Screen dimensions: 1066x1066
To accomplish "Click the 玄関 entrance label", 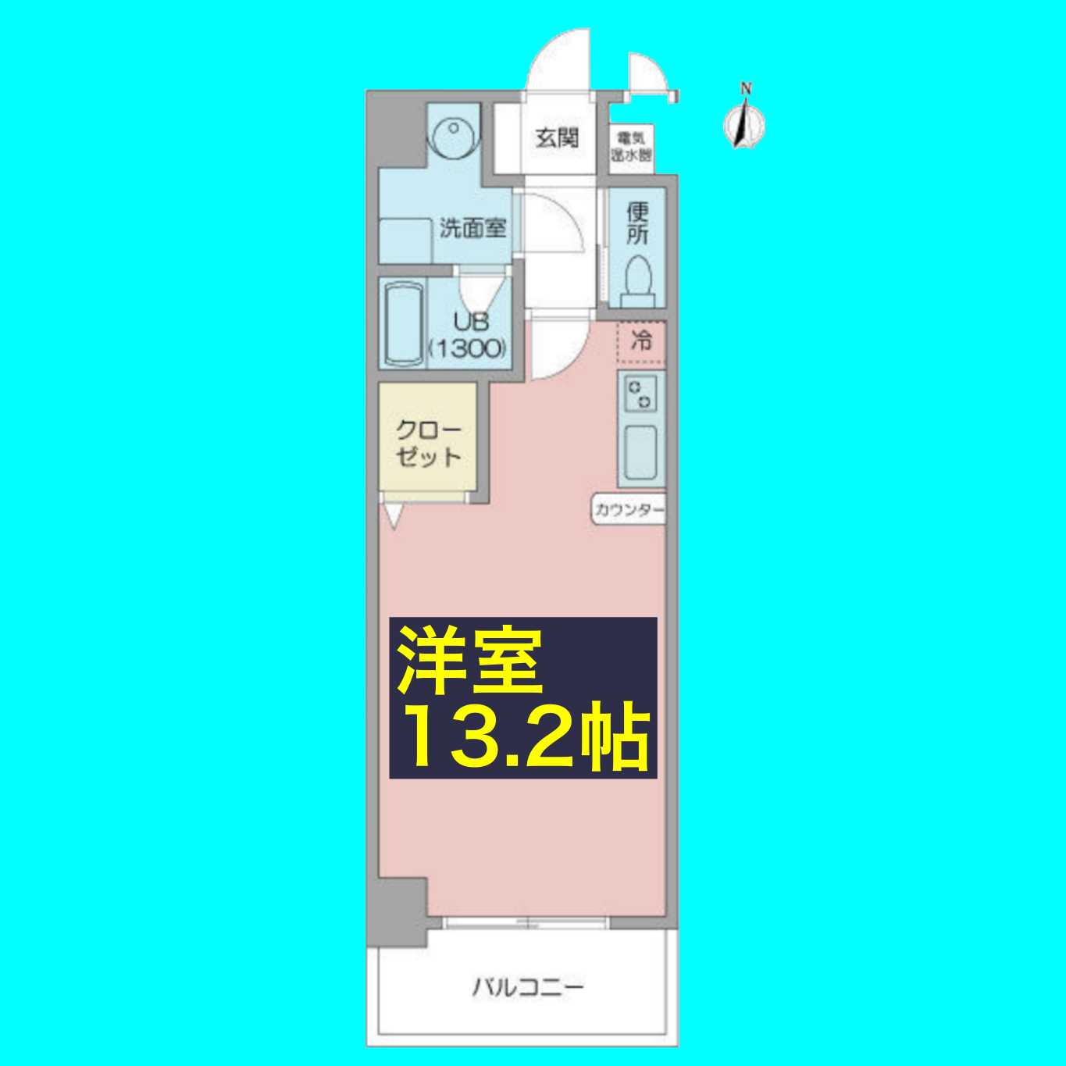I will [557, 139].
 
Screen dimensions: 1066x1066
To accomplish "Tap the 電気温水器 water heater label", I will [631, 147].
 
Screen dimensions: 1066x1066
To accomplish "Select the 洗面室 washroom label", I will [472, 229].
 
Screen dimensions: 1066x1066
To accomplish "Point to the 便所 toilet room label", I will [638, 223].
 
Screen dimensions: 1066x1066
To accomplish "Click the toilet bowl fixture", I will [639, 280].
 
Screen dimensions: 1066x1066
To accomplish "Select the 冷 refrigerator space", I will [641, 341].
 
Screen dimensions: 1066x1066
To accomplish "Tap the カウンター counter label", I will [629, 511].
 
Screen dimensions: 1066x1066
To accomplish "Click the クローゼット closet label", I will [428, 443].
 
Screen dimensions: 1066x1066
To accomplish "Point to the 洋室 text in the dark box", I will [469, 661].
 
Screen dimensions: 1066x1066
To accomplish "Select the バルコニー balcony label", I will [528, 987].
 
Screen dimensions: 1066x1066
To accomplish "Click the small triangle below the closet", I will [392, 515].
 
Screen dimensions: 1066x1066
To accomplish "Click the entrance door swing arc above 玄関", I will [557, 61].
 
